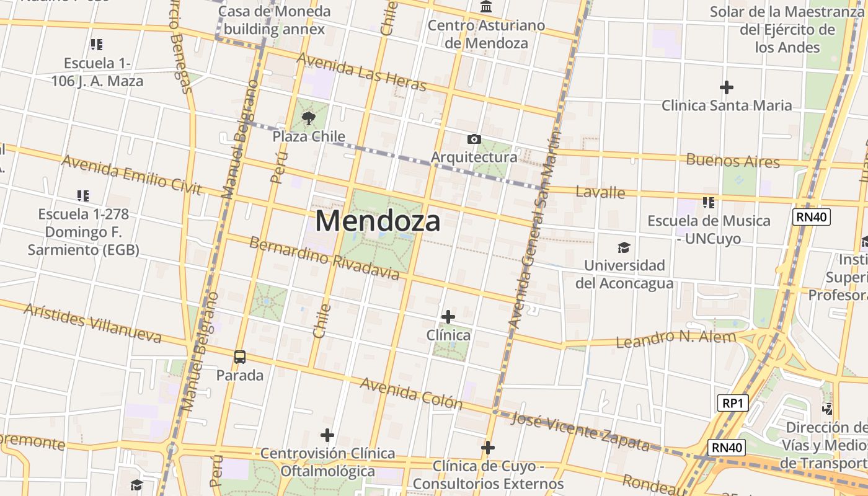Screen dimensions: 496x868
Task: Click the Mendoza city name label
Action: [378, 221]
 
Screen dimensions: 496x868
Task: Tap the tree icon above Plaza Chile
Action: [308, 118]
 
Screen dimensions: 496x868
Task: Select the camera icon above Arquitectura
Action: [474, 139]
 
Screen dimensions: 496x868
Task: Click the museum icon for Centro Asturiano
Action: [487, 7]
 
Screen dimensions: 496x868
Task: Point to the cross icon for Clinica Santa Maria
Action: [726, 87]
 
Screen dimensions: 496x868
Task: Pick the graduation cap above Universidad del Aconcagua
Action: [624, 248]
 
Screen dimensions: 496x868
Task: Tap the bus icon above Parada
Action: [240, 357]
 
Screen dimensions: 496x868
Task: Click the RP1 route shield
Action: [732, 403]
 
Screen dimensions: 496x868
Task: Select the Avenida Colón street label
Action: [411, 393]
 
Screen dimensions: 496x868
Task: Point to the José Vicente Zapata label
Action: [580, 432]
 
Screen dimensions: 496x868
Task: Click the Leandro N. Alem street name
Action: [676, 339]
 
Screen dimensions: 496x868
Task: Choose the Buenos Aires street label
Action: [732, 161]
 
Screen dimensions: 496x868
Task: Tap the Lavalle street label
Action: [600, 192]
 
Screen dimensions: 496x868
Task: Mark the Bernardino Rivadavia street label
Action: [324, 257]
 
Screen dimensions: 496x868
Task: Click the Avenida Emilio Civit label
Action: [131, 174]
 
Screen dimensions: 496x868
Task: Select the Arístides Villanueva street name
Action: [92, 323]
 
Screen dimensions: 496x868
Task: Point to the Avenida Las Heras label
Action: [361, 71]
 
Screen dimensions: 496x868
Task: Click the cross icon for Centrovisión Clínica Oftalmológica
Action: [327, 435]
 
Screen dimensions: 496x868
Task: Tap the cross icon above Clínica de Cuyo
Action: [488, 448]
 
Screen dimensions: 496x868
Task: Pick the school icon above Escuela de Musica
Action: [709, 202]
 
